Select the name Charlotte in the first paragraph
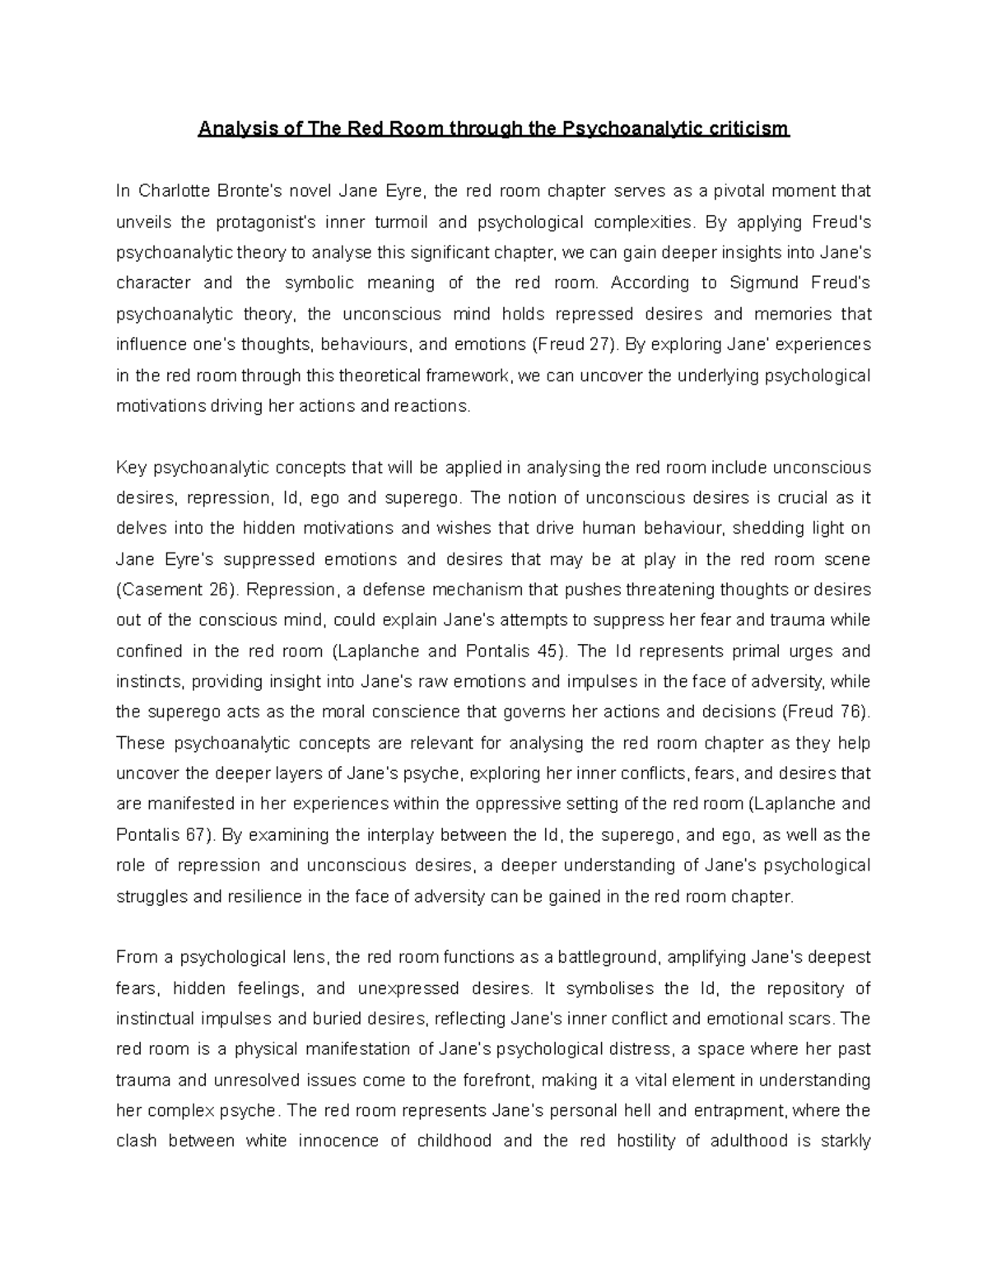click(x=175, y=192)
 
